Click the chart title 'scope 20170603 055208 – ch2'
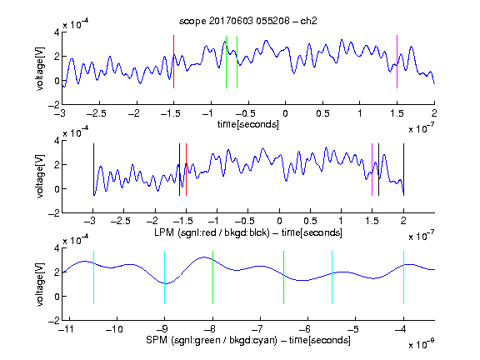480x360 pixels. [x=248, y=21]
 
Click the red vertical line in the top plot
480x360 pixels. [x=173, y=62]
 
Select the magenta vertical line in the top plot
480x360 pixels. [x=397, y=62]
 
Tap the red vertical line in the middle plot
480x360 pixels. [x=186, y=169]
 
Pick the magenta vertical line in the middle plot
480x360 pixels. [x=372, y=169]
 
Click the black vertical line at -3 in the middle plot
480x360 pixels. [x=93, y=169]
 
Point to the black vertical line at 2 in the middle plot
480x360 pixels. [x=403, y=169]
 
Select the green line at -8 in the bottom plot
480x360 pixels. [x=212, y=277]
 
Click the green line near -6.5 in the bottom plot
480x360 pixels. [x=284, y=277]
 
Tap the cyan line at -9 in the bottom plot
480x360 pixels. [x=165, y=277]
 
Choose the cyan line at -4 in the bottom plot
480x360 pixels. [x=404, y=277]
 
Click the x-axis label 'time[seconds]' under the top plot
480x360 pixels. [x=248, y=125]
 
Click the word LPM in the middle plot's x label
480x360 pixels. [x=164, y=232]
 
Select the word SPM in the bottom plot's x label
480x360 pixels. [x=157, y=340]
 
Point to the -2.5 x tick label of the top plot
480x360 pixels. [x=97, y=113]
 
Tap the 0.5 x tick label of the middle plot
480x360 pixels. [x=310, y=221]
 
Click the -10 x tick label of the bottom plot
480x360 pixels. [x=114, y=329]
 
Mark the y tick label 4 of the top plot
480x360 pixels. [x=57, y=32]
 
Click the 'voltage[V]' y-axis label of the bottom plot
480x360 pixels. [x=40, y=284]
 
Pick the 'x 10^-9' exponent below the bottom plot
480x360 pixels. [x=422, y=344]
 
